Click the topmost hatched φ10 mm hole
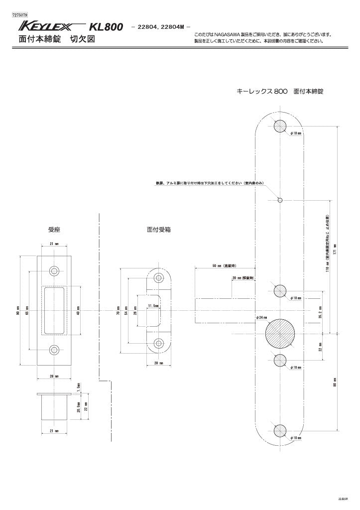pyautogui.click(x=280, y=126)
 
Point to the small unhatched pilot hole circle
pyautogui.click(x=280, y=200)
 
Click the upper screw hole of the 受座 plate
pyautogui.click(x=54, y=271)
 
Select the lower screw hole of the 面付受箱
pyautogui.click(x=159, y=343)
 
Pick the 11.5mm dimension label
pyautogui.click(x=153, y=305)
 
